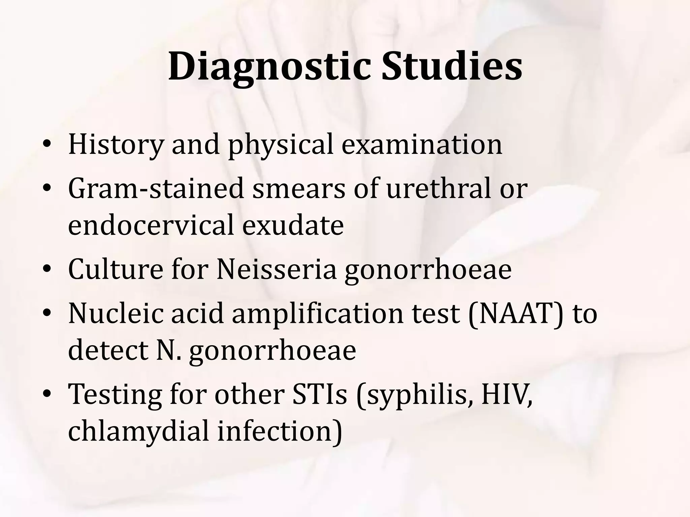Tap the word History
(116, 145)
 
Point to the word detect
(108, 350)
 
